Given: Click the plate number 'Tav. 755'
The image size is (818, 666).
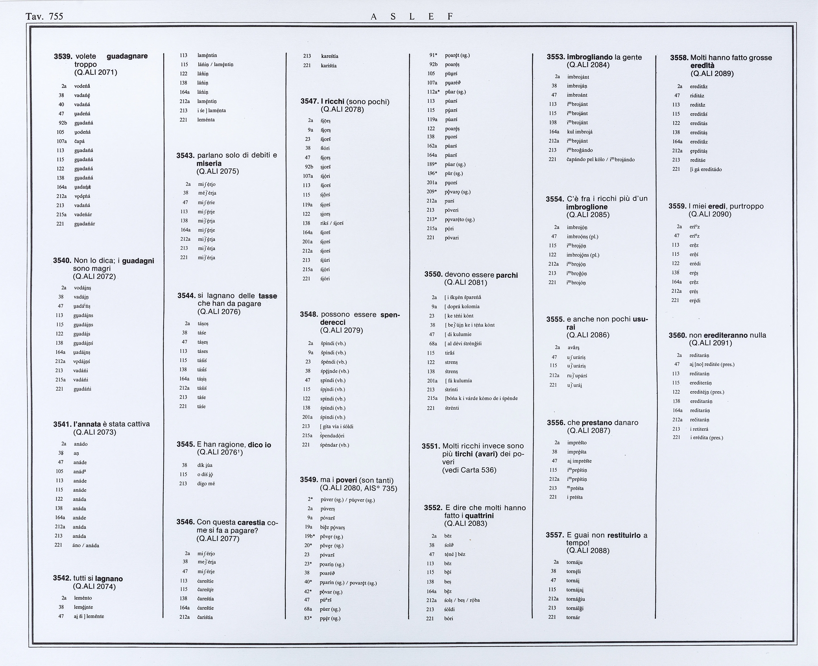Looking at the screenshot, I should (44, 16).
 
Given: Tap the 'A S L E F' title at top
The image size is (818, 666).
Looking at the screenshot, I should (412, 16).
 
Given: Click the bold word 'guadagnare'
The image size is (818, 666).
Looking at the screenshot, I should (127, 56).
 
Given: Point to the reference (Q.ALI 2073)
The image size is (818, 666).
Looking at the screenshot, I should (94, 432).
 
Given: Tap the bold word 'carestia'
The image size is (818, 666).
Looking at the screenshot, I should (251, 522).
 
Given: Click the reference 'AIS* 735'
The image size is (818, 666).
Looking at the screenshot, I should (381, 488).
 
